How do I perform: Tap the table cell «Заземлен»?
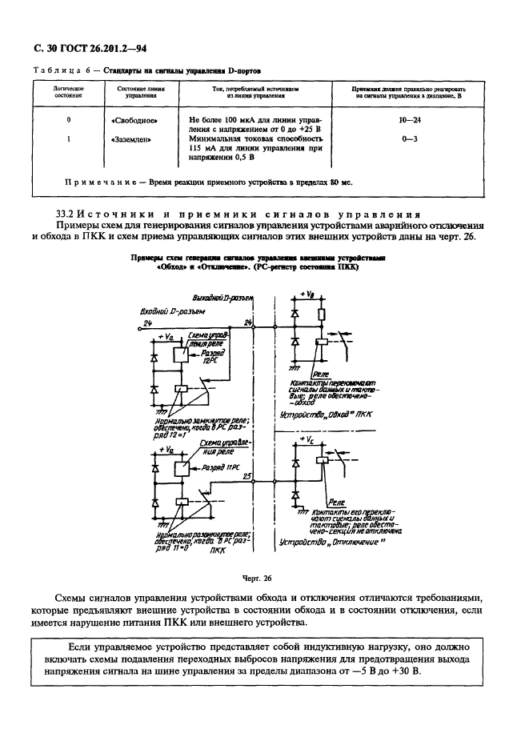pos(130,138)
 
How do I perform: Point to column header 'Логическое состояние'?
pos(69,91)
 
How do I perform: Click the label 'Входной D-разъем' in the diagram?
pos(173,310)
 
